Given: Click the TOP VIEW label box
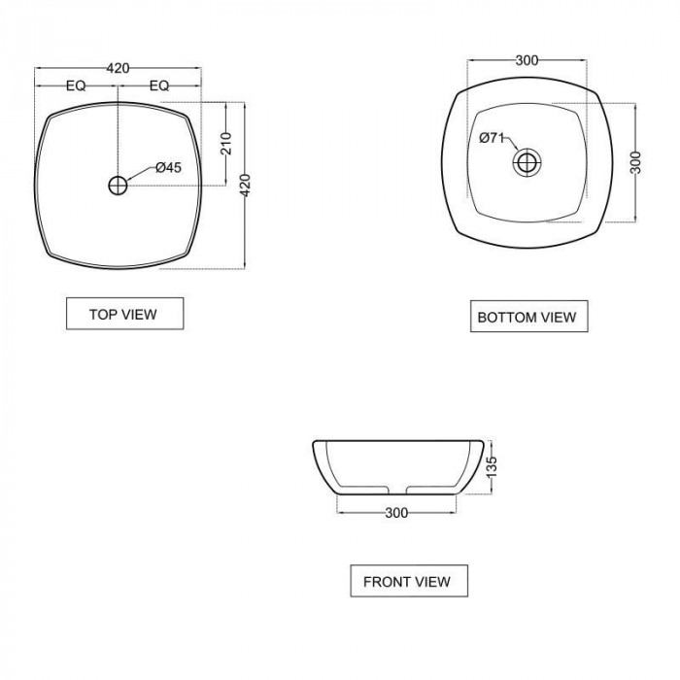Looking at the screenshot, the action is (125, 314).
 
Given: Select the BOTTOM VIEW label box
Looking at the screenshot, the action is (529, 317).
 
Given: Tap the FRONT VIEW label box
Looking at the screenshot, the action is (409, 581).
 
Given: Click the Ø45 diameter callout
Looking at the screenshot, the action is (168, 167).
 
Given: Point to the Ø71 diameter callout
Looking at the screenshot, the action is (492, 138).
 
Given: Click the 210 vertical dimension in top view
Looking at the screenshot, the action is (226, 144).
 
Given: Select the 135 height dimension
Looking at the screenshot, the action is (492, 467).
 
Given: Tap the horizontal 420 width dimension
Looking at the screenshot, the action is (118, 68).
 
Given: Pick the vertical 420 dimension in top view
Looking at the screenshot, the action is (245, 186).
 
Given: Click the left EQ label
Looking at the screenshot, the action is (76, 85).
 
